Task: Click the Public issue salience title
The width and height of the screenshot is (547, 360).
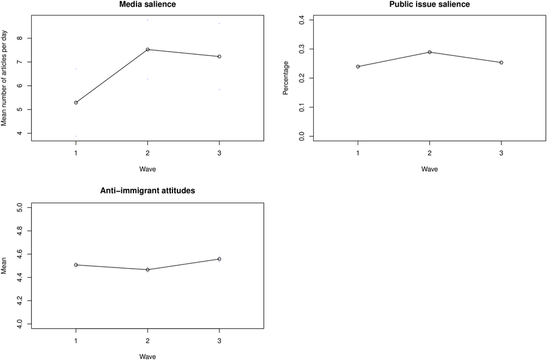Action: [x=429, y=4]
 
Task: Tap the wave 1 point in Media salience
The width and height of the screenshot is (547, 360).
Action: [x=76, y=103]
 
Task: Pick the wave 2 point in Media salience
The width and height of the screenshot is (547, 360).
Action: [x=147, y=49]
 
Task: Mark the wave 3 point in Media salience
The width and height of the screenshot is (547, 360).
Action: [x=219, y=56]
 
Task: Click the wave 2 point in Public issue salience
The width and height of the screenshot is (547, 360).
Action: [x=429, y=52]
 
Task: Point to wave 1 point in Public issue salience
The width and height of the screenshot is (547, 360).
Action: [x=358, y=66]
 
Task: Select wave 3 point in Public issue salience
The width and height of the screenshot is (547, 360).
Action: [x=501, y=63]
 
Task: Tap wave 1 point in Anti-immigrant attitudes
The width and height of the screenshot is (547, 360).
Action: [x=76, y=265]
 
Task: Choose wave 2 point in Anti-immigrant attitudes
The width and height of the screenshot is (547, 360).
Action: [x=147, y=270]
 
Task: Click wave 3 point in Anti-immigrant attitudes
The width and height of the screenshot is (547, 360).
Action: [x=219, y=259]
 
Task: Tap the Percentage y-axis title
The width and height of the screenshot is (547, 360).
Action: [x=286, y=78]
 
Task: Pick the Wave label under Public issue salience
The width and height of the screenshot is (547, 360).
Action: [x=429, y=169]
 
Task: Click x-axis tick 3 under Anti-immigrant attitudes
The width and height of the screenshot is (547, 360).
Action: [x=219, y=341]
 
